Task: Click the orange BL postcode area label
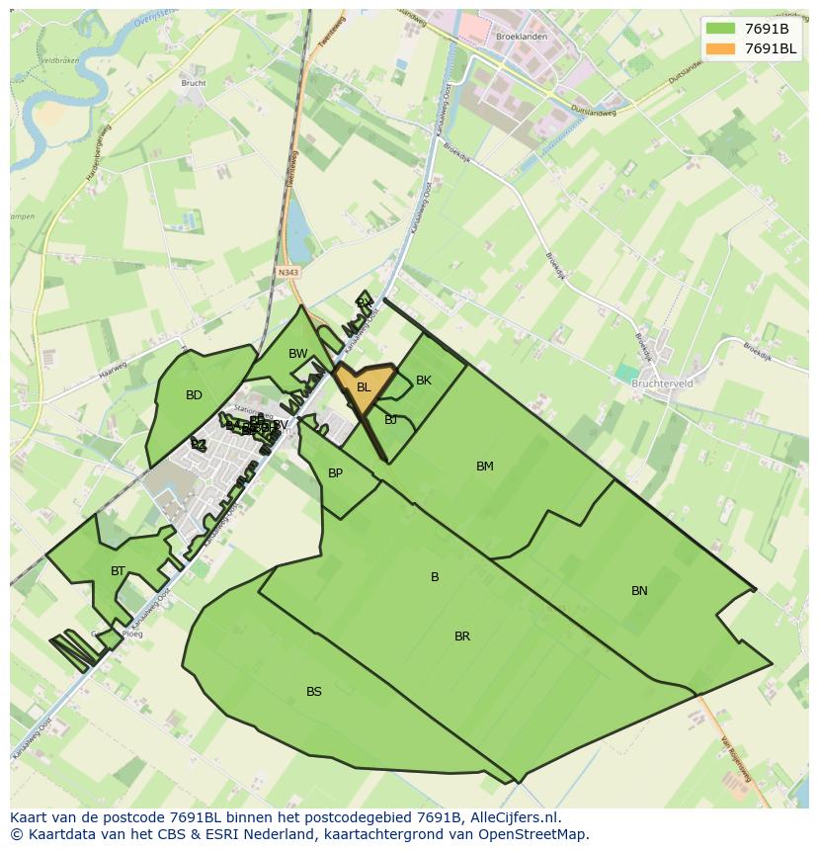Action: pyautogui.click(x=364, y=387)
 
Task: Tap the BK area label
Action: pyautogui.click(x=424, y=381)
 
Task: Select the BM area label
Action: pyautogui.click(x=485, y=467)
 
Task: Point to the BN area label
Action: pyautogui.click(x=639, y=591)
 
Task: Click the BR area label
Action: pyautogui.click(x=462, y=637)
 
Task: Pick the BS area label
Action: pyautogui.click(x=314, y=692)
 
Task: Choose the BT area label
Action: pyautogui.click(x=119, y=571)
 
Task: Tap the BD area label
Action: pyautogui.click(x=194, y=395)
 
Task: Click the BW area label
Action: pyautogui.click(x=298, y=354)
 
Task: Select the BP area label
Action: pyautogui.click(x=336, y=473)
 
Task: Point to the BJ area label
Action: pyautogui.click(x=391, y=420)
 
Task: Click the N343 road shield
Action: pyautogui.click(x=288, y=272)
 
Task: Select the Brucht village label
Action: pyautogui.click(x=194, y=83)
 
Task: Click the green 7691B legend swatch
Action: pyautogui.click(x=721, y=28)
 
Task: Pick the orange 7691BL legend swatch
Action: pyautogui.click(x=721, y=48)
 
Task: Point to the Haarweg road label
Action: pyautogui.click(x=114, y=376)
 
